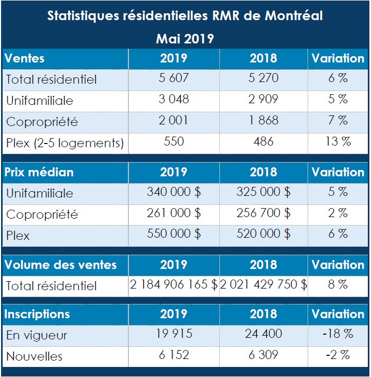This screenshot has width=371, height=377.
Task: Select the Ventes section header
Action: coord(25,58)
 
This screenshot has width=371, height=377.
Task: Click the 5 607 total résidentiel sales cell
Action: coord(173,78)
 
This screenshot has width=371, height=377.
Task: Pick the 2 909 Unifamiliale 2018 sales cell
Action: coord(263,100)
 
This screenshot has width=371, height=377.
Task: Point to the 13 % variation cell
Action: coord(338,141)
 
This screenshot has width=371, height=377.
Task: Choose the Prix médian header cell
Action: coord(39,172)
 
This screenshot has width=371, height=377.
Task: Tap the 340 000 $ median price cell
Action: coord(173,192)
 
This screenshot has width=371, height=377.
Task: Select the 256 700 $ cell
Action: coord(263,213)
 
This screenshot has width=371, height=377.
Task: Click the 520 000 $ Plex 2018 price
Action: coord(263,234)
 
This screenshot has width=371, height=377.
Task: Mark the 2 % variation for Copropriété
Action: coord(338,213)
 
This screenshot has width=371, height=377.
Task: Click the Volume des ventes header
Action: coord(60,264)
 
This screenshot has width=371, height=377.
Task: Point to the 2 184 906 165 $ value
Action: coord(174,285)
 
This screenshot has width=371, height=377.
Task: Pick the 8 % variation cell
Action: coord(338,285)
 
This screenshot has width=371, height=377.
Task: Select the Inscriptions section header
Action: coord(37,314)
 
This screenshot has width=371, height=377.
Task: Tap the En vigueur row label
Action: coord(36,335)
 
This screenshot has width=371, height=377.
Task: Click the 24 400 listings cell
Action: coord(263,334)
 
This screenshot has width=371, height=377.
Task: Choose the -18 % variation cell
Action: coord(338,334)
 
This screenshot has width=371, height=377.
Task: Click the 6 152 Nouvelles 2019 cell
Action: coord(173,355)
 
